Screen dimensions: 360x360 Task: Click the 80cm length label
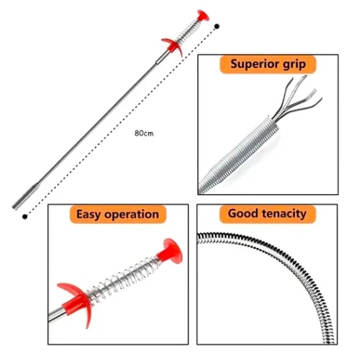click(144, 133)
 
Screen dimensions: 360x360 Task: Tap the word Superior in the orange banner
click(251, 63)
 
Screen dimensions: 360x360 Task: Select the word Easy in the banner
click(88, 214)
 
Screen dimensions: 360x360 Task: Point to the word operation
click(131, 215)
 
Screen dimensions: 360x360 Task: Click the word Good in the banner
click(243, 214)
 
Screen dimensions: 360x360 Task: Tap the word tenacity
click(284, 214)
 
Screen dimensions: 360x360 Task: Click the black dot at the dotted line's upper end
click(217, 26)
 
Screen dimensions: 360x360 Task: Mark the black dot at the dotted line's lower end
click(25, 217)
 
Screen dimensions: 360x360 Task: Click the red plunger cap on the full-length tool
click(203, 16)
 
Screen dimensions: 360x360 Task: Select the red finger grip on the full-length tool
click(172, 46)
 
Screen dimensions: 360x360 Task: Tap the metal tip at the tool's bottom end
click(25, 196)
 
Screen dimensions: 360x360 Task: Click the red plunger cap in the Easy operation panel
click(170, 252)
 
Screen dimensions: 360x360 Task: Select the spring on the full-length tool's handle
click(187, 31)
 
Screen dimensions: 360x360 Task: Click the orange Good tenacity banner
click(268, 214)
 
